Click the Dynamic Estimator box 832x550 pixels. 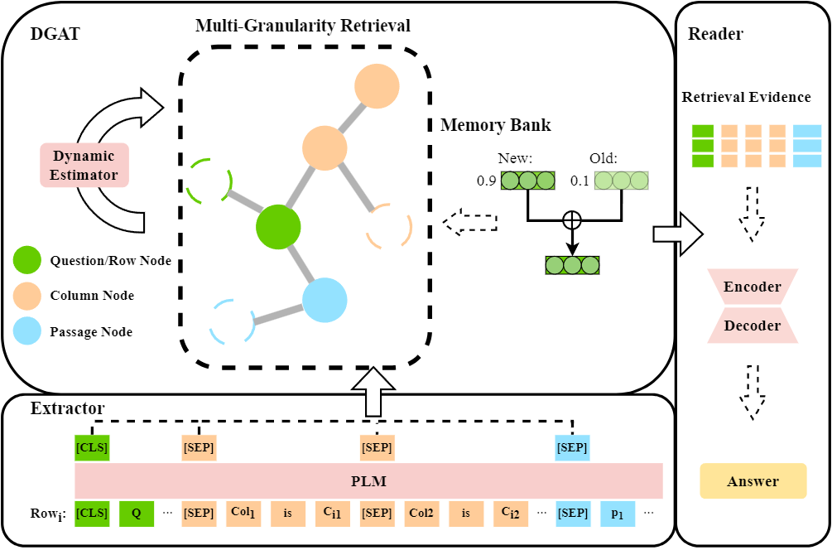point(84,165)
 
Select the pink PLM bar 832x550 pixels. point(368,480)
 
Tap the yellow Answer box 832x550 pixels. point(753,481)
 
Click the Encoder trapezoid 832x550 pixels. point(753,287)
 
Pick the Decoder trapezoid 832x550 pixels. point(753,326)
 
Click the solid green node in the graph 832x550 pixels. point(277,227)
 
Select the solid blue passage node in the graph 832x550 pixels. point(324,300)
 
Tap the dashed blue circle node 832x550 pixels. point(231,321)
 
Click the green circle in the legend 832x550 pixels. point(26,261)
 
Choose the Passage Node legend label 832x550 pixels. point(92,331)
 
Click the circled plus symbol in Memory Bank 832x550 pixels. point(570,220)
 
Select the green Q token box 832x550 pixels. point(136,514)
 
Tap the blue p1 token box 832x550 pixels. point(617,514)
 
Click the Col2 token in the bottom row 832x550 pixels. point(421,514)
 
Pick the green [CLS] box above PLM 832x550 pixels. point(92,448)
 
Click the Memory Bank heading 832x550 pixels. point(495,126)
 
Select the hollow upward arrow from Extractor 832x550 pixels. point(376,390)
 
